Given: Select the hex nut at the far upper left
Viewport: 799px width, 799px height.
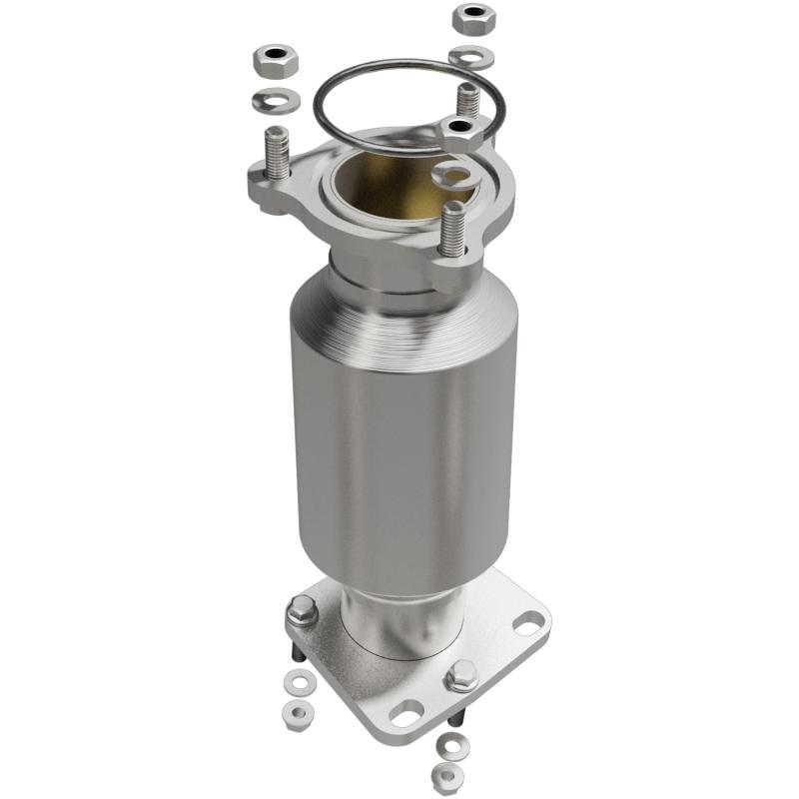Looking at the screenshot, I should [x=273, y=65].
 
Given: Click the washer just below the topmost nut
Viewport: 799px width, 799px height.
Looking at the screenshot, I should [x=471, y=57].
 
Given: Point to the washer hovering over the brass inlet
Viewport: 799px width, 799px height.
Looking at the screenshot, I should [x=452, y=176].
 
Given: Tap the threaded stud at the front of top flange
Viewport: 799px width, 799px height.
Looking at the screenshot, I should [x=451, y=229].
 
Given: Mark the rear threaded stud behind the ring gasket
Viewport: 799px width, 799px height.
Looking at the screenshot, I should [x=466, y=99].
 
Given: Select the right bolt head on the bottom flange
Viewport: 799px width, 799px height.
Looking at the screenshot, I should [x=460, y=677].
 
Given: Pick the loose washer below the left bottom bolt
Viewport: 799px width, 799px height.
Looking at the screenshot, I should [x=296, y=683].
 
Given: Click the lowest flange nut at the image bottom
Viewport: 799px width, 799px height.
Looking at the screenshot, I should [x=447, y=773].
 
